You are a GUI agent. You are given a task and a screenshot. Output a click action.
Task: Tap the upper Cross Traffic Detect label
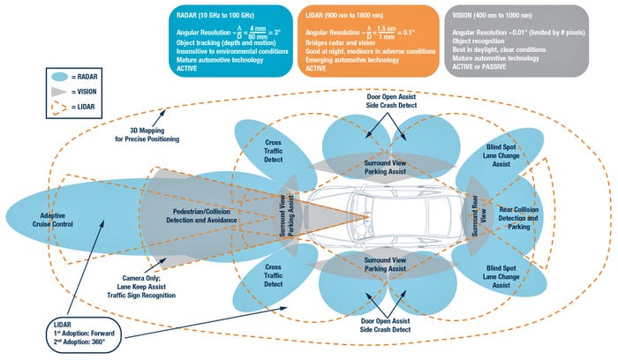click(x=274, y=153)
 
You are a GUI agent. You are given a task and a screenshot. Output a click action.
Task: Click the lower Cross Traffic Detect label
click(x=274, y=279)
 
